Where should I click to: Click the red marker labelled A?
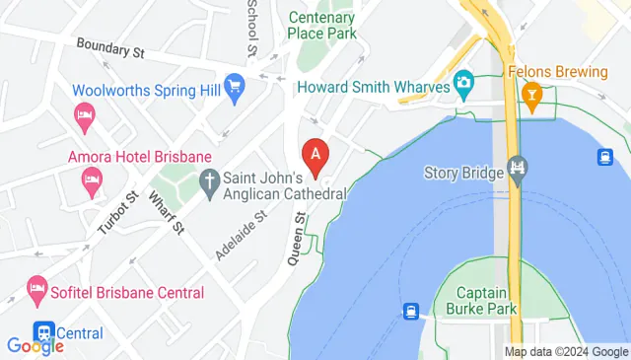(x=315, y=156)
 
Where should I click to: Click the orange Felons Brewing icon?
(x=533, y=97)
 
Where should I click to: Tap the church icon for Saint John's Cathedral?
(x=208, y=180)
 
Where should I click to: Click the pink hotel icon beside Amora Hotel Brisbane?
(x=92, y=180)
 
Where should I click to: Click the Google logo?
(x=35, y=346)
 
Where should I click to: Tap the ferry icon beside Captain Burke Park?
(x=411, y=311)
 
